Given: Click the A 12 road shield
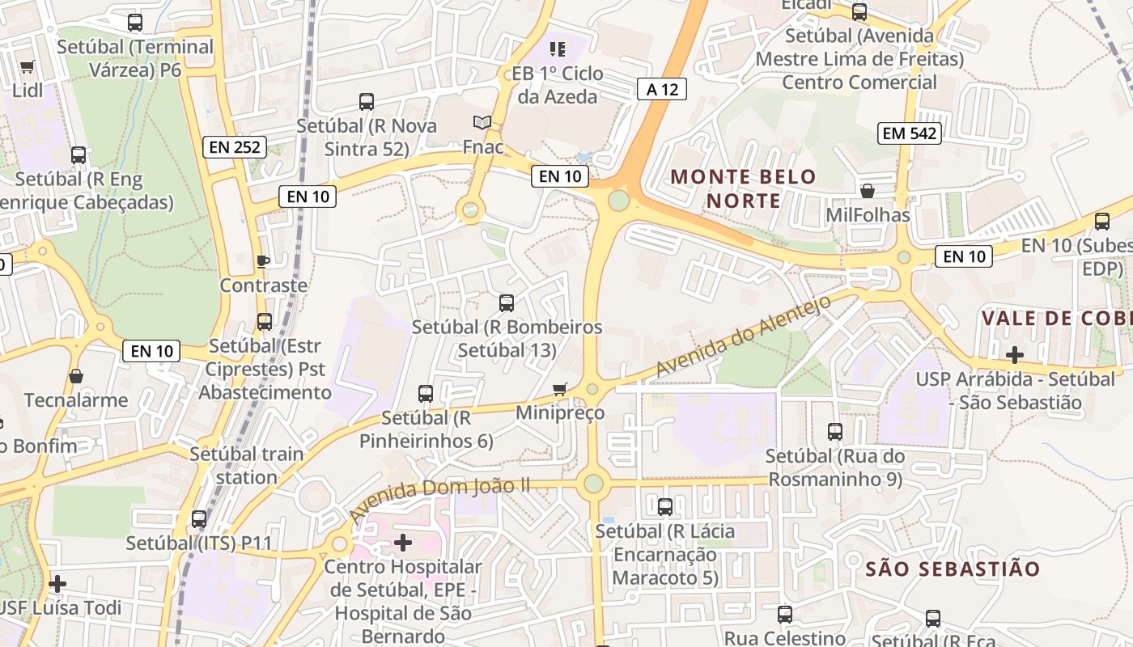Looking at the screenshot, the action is pos(662,89).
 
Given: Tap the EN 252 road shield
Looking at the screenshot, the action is pos(235,146).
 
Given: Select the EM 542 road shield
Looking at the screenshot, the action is pos(910,133).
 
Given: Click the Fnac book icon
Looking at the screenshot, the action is pos(482,123).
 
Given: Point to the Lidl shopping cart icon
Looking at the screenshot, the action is pos(28,66).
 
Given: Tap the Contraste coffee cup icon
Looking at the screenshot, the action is pos(263,261).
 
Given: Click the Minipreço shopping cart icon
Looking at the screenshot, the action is pos(560,389).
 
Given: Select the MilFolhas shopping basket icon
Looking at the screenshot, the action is pos(868,191).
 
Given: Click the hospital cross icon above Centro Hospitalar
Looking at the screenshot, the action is pos(403,542).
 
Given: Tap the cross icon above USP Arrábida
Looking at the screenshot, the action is pos(1014,354).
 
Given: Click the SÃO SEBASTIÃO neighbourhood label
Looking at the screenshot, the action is pos(953,569).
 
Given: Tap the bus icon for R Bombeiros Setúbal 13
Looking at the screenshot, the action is pos(507,303).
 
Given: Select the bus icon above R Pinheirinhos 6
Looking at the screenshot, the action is pos(426,394).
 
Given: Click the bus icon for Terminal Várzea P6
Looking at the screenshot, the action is pos(135,23).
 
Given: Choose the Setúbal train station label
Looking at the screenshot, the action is pos(247,465).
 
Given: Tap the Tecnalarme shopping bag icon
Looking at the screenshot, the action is pos(76,376).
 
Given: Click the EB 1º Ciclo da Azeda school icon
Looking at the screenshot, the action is pos(557,49).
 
